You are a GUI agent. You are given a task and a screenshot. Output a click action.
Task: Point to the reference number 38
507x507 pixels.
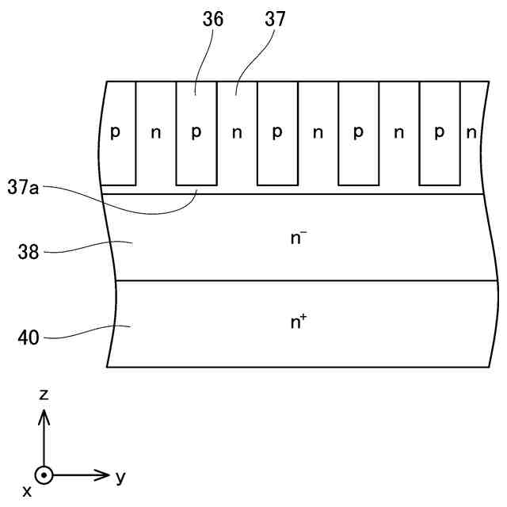[x=29, y=253]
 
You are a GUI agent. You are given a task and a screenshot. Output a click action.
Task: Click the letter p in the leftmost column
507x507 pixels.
[x=115, y=133]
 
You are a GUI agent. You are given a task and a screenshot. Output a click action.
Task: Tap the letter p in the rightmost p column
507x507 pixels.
[x=440, y=133]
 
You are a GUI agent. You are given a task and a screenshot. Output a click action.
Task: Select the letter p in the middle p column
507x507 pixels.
[x=277, y=133]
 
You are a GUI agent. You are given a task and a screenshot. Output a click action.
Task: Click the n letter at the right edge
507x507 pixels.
[x=471, y=132]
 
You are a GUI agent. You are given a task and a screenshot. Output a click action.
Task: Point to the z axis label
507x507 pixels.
[x=44, y=394]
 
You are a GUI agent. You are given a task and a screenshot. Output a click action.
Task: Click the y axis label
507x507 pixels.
[x=120, y=477]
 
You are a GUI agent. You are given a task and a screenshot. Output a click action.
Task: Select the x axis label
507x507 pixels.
[x=27, y=492]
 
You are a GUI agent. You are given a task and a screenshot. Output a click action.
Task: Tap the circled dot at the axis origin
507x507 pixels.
[x=44, y=475]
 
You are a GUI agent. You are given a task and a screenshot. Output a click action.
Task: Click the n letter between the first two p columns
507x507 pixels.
[x=156, y=132]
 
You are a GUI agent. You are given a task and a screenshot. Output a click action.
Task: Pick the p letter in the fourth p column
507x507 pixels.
[x=358, y=133]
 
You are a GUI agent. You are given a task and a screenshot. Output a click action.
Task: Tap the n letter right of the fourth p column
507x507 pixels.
[x=399, y=132]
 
